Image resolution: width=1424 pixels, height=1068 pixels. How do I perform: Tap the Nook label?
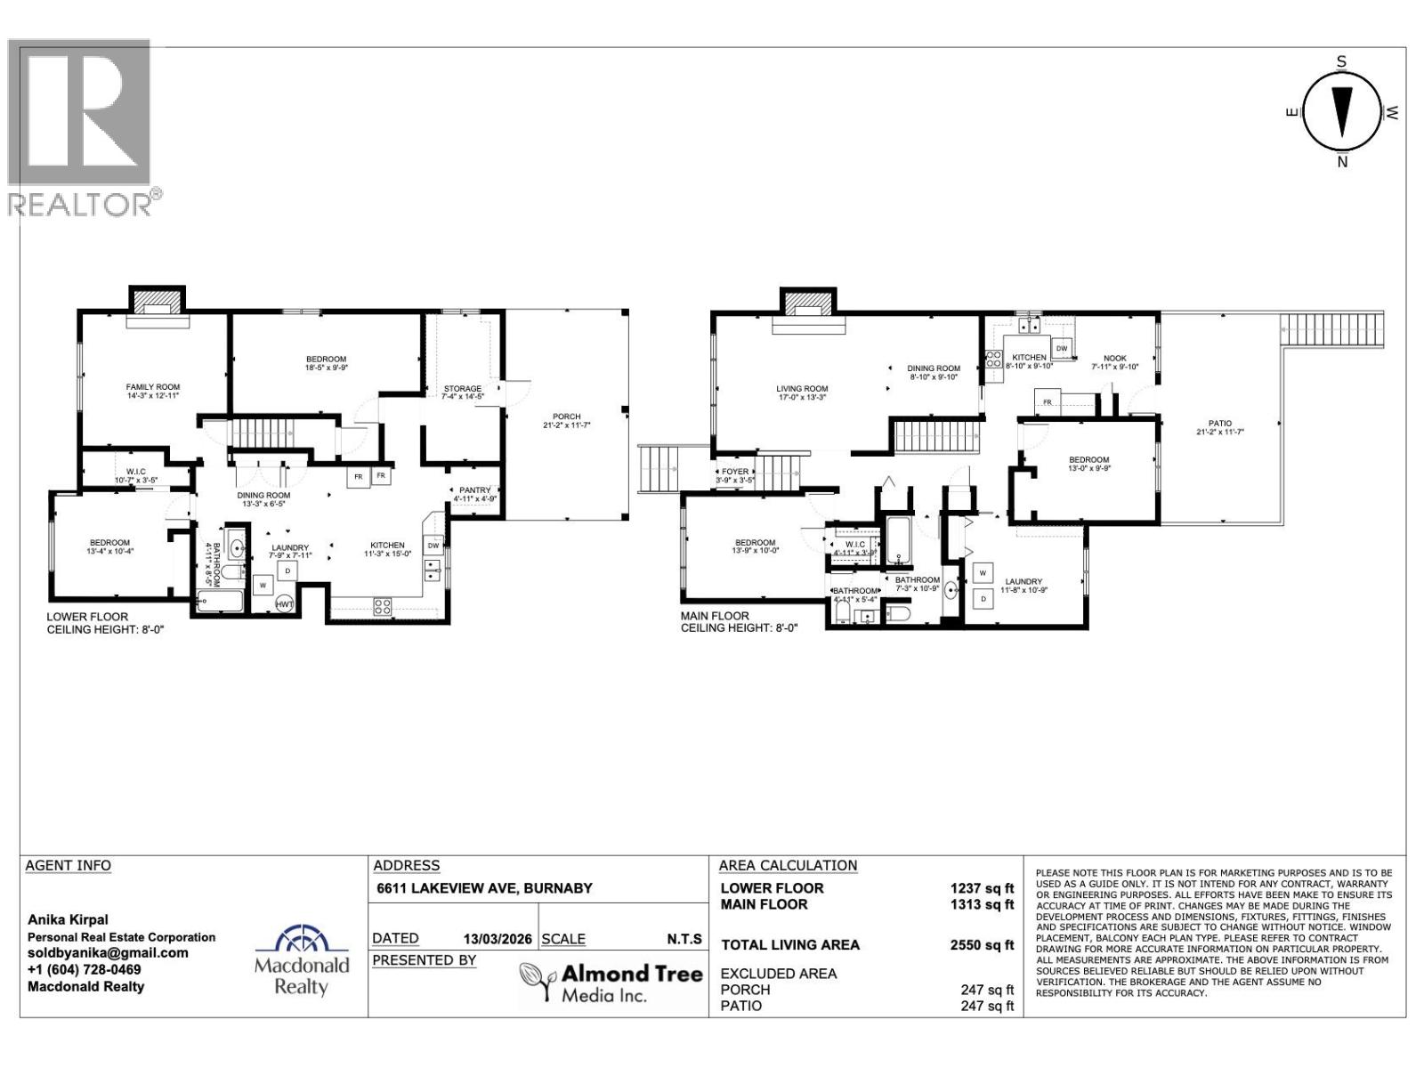(x=1114, y=357)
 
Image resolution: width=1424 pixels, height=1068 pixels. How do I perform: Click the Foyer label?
(x=735, y=472)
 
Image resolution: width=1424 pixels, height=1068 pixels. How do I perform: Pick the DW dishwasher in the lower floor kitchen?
(x=433, y=546)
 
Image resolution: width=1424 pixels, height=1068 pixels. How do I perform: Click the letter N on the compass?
(x=1342, y=162)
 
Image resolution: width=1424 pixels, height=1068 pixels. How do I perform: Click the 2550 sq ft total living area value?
(x=982, y=945)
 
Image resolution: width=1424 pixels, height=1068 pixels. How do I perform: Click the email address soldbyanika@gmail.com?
(x=108, y=953)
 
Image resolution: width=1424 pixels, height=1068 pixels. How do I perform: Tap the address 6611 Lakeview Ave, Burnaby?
(x=484, y=888)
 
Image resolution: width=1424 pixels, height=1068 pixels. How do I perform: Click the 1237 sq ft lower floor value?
(x=982, y=888)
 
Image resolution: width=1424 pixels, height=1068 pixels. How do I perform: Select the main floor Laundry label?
(x=1023, y=582)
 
